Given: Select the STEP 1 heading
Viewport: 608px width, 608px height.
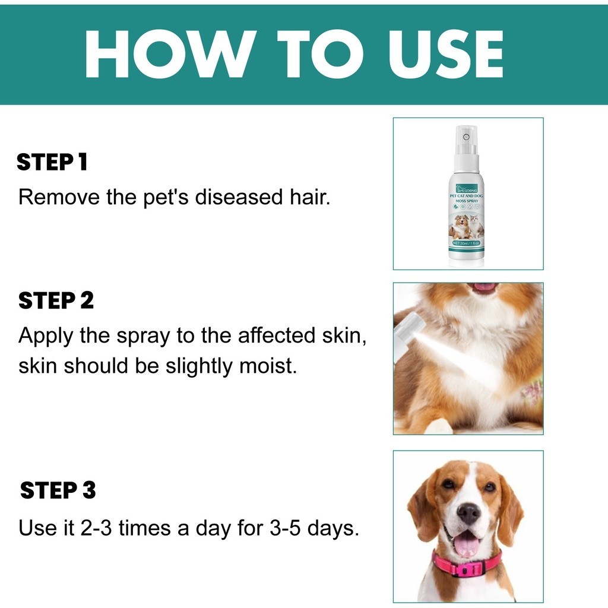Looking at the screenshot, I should pyautogui.click(x=52, y=162).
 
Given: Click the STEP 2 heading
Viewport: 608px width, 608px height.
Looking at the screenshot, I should pyautogui.click(x=56, y=300).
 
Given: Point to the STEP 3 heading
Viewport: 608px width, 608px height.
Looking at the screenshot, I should pyautogui.click(x=58, y=490).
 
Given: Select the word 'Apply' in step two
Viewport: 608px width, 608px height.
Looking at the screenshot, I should pyautogui.click(x=46, y=336).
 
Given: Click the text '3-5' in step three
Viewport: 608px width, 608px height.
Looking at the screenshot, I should pyautogui.click(x=284, y=527).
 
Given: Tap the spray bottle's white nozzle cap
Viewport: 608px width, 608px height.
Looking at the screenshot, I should pyautogui.click(x=467, y=140).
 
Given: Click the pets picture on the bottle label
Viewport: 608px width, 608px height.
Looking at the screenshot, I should pyautogui.click(x=467, y=226).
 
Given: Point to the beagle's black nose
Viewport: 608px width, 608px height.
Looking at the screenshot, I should pyautogui.click(x=468, y=512).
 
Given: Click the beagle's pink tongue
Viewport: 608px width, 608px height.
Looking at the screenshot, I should pyautogui.click(x=467, y=543).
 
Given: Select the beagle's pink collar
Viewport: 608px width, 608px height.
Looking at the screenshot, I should pyautogui.click(x=468, y=565).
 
